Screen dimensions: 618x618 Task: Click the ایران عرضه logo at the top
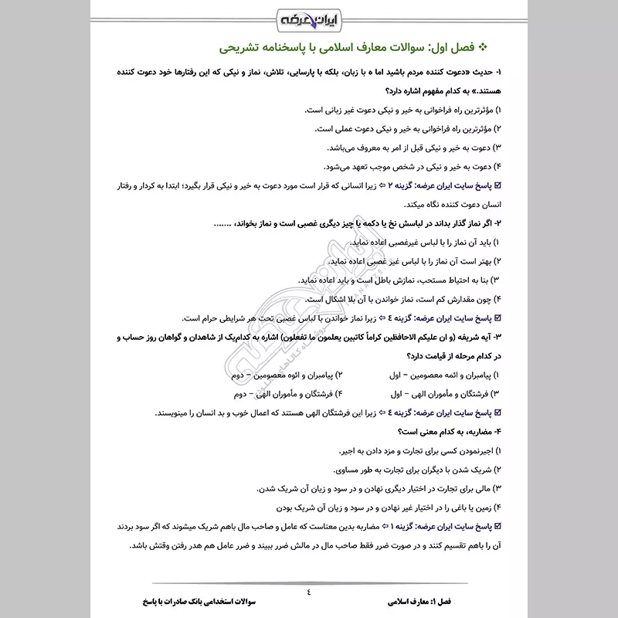click(309, 18)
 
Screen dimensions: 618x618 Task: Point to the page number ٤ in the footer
click(308, 593)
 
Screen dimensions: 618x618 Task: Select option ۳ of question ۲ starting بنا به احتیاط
click(397, 280)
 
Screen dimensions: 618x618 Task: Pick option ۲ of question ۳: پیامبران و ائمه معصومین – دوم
click(273, 375)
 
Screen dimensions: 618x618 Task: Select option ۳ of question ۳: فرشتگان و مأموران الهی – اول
click(447, 394)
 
